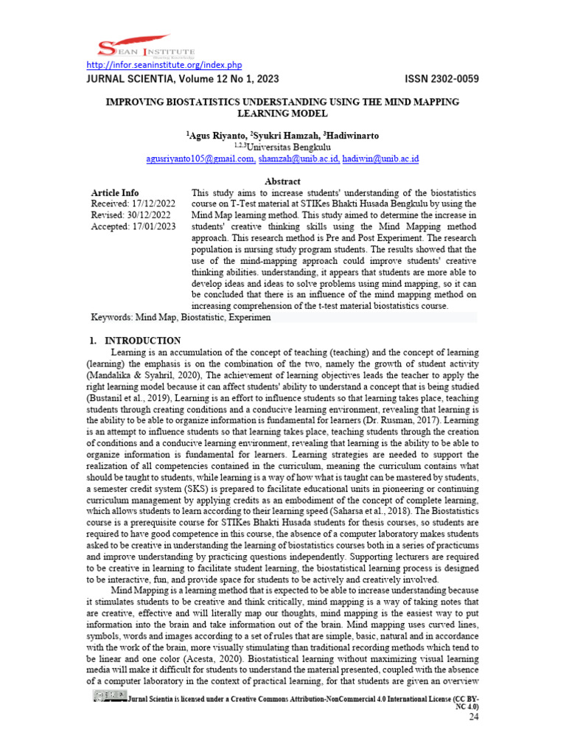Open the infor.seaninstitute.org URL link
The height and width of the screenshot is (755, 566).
pos(160,66)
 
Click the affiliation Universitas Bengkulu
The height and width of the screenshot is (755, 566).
pos(288,147)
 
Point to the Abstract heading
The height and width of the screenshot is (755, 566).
pos(283,181)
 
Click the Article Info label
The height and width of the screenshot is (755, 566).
pos(114,192)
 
